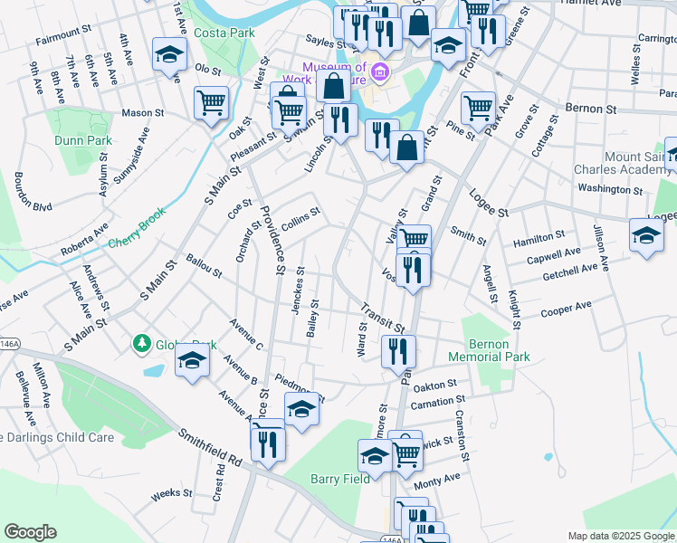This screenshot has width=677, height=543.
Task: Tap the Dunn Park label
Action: tap(82, 140)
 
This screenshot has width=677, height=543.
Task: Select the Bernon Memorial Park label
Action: tap(501, 351)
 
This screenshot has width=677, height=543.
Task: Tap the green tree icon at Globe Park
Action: tap(141, 344)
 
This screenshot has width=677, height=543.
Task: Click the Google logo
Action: tap(30, 531)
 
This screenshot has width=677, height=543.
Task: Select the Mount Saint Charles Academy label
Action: tap(625, 163)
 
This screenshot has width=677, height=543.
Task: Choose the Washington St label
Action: tap(609, 190)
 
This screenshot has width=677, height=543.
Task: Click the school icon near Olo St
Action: tap(169, 56)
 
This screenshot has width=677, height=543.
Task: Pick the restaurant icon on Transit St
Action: tap(398, 350)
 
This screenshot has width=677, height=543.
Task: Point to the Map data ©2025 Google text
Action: tap(620, 536)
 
